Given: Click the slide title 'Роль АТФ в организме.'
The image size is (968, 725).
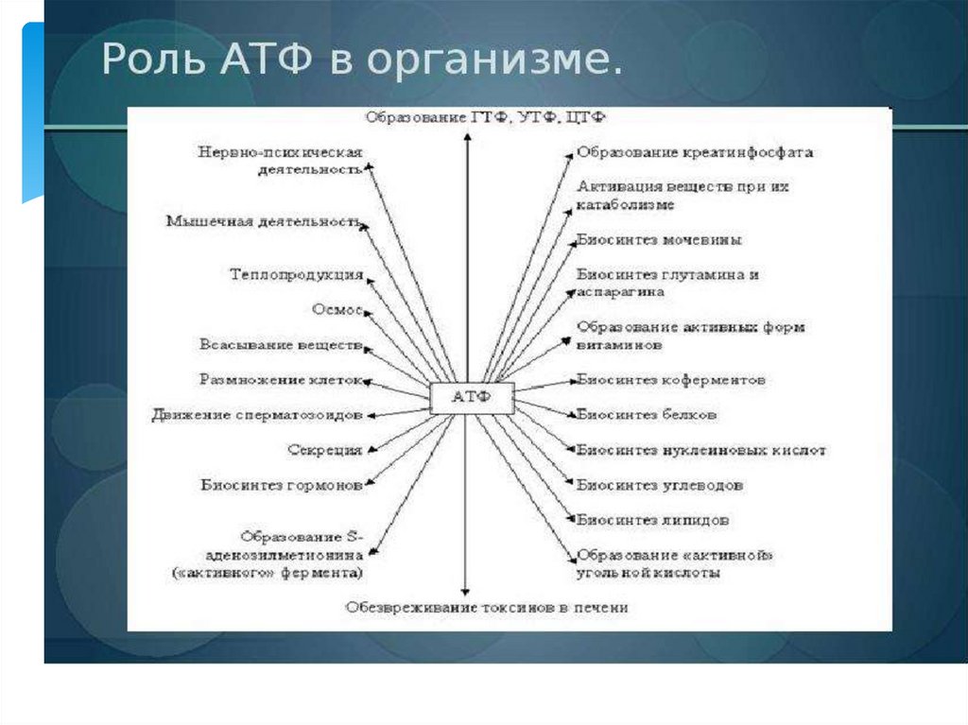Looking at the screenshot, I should pos(362,60).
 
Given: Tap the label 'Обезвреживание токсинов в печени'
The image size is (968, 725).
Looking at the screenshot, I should pos(486,607).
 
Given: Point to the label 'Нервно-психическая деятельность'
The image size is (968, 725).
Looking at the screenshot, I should pos(281,161).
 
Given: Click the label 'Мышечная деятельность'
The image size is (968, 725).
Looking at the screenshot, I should pos(263,222).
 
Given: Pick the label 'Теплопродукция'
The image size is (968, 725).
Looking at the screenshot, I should pos(296,275).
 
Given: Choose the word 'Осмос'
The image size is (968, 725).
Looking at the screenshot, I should pos(337,310).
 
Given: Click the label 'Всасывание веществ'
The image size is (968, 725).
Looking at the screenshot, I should pos(281,345).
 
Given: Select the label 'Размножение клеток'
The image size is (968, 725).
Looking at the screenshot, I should pos(281,380).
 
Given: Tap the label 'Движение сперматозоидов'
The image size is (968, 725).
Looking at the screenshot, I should pos(257,415).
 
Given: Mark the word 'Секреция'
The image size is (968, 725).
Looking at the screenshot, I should pos(324,450).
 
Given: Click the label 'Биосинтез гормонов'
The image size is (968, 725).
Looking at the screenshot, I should pos(281,485).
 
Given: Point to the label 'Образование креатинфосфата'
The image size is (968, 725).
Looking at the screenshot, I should pos(695,152).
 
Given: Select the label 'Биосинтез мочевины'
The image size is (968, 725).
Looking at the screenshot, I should pos(659,240).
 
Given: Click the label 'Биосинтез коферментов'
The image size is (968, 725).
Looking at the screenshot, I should pos(671,380).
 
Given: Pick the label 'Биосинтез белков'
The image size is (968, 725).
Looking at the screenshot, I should pos(647,415).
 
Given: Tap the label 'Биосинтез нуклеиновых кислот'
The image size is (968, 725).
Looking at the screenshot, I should pos(700,450).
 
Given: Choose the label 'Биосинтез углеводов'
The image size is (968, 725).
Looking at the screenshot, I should pos(660,485).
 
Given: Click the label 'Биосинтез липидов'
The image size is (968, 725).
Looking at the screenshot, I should pos(652,520).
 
